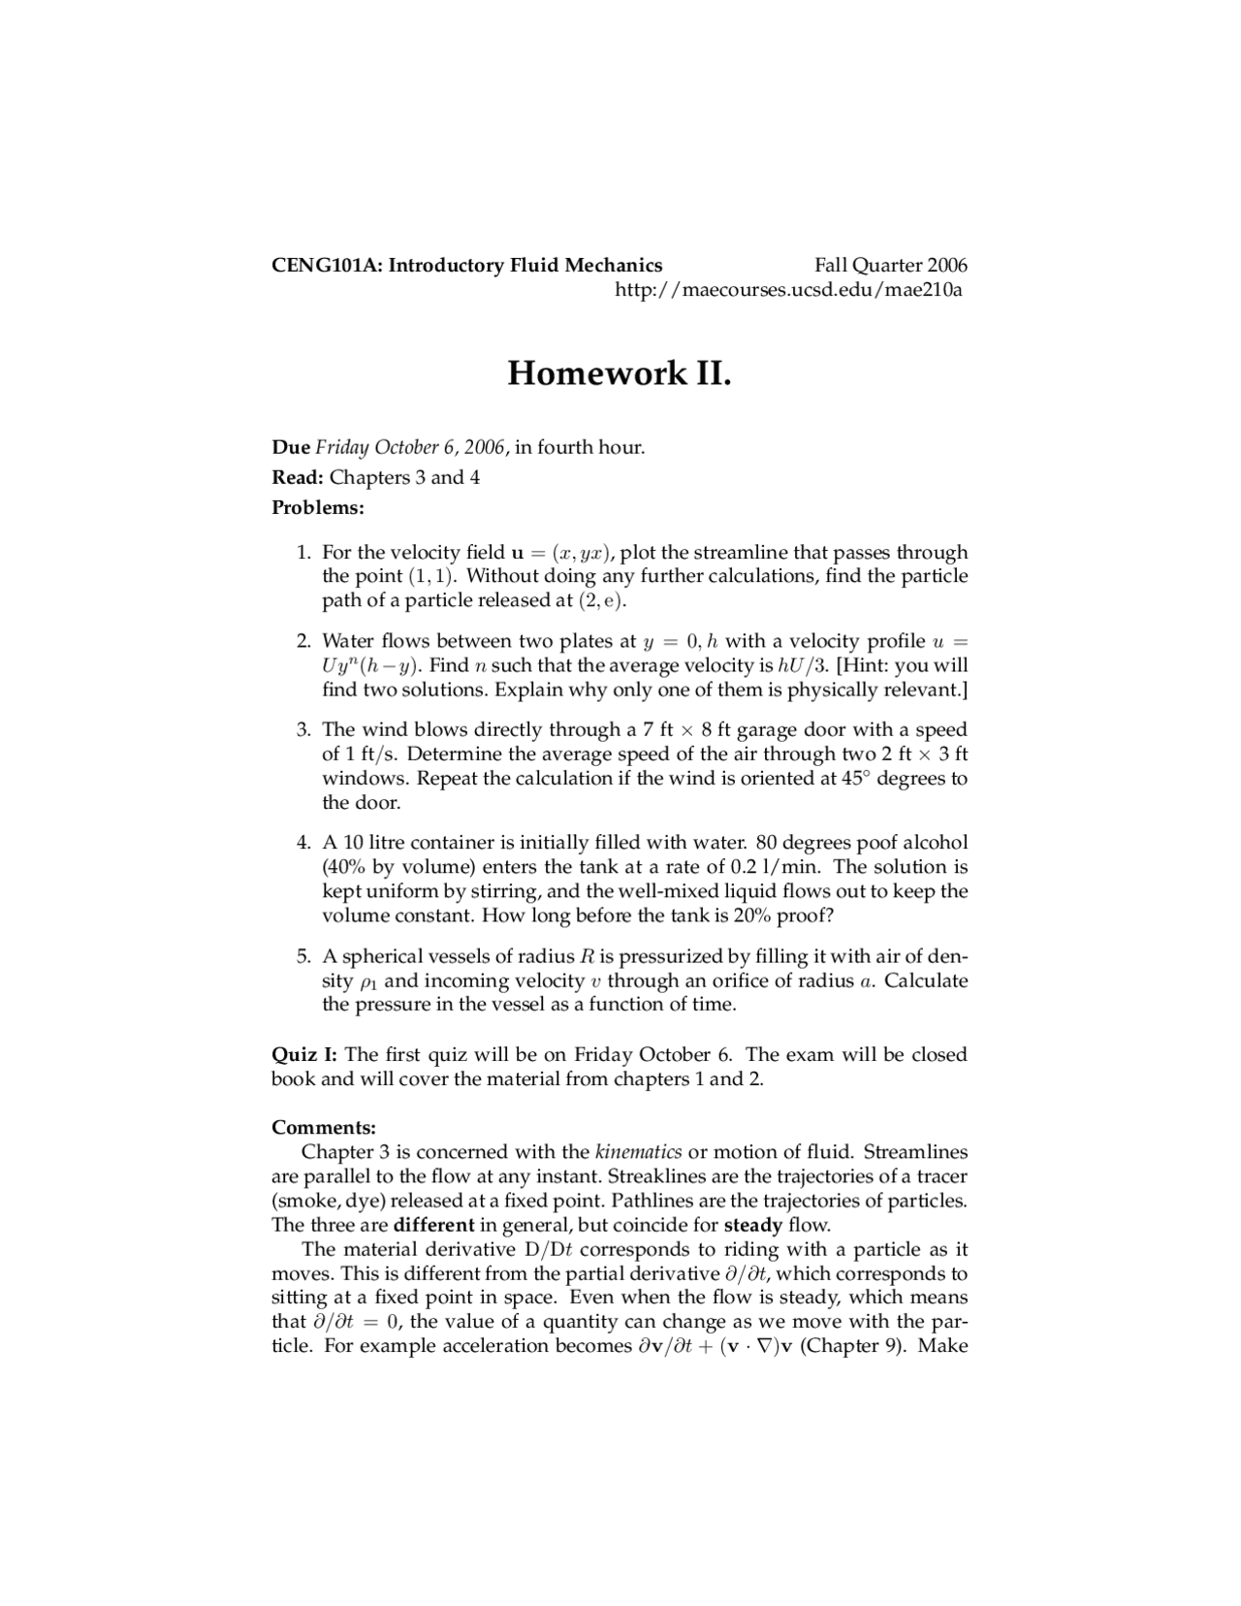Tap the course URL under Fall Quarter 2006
coord(789,290)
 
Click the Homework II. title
coord(619,372)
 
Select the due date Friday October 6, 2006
coord(410,447)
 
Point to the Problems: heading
coord(317,507)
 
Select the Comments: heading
coord(323,1128)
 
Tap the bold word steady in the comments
coord(752,1225)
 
